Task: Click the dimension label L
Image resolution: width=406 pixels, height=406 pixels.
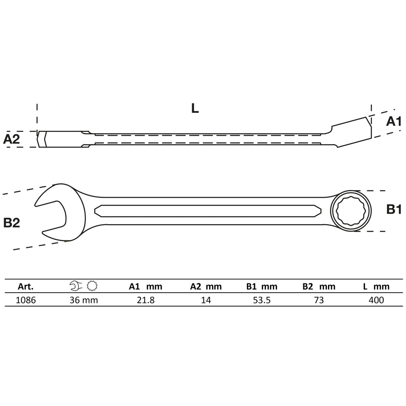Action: click(195, 108)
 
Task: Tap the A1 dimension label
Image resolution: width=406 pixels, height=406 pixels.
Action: click(393, 121)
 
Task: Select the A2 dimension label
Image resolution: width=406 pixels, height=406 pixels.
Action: click(11, 139)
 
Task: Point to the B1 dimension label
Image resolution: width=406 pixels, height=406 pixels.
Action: click(393, 209)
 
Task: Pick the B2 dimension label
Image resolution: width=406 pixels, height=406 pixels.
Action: click(11, 222)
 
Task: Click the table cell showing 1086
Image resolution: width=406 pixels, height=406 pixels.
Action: click(26, 300)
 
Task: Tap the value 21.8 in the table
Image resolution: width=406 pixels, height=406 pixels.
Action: click(145, 300)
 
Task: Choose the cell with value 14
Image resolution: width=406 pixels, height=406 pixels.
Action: click(206, 300)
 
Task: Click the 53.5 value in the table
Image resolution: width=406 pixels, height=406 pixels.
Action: click(261, 300)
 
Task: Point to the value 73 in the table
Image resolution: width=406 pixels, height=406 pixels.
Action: click(319, 300)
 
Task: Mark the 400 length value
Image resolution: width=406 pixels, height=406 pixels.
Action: click(376, 300)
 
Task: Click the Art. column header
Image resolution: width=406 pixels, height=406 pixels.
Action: click(26, 287)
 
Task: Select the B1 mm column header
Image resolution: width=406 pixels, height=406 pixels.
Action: click(261, 287)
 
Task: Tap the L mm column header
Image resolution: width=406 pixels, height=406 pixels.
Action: click(376, 287)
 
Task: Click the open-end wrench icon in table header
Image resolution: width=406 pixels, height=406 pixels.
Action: click(76, 286)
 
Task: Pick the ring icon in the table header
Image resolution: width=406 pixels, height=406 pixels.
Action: click(92, 286)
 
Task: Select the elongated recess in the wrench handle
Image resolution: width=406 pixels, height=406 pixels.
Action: click(207, 211)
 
